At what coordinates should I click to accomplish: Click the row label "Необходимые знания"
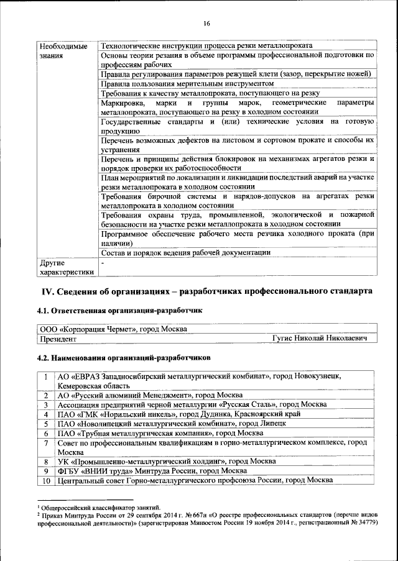click(x=63, y=50)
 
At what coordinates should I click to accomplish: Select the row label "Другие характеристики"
click(x=66, y=267)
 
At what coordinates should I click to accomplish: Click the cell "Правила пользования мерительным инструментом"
click(x=187, y=83)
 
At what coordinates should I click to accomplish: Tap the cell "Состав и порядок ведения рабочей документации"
click(x=185, y=252)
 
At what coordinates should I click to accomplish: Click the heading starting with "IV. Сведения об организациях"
click(x=207, y=291)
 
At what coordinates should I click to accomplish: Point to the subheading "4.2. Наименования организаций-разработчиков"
click(x=124, y=358)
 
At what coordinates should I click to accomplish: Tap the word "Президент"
click(x=58, y=339)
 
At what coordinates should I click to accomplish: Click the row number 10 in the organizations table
click(x=46, y=481)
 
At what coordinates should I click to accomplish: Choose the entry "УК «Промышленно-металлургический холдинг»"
click(x=155, y=462)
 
